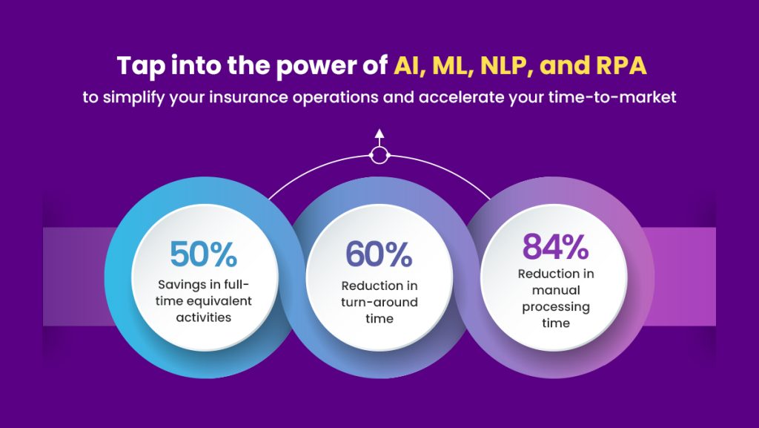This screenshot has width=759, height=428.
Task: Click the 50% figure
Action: [203, 254]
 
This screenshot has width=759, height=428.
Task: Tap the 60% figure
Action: [379, 254]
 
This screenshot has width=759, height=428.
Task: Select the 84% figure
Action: [555, 247]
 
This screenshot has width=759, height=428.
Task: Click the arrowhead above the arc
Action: [379, 134]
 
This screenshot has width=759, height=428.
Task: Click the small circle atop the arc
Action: [379, 156]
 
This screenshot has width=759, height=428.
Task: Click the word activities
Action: [203, 317]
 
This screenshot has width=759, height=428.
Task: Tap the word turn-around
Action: [379, 303]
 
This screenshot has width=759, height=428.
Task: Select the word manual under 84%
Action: [556, 291]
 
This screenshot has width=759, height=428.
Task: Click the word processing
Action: [556, 308]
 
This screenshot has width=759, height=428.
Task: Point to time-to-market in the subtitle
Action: [612, 97]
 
